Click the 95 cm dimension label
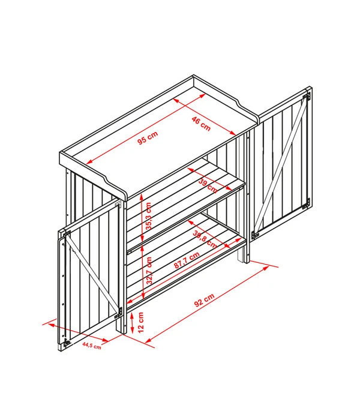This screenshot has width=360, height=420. coord(148,137)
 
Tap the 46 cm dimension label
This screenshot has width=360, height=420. coord(201,124)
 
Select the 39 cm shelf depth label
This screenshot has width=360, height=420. coord(208,185)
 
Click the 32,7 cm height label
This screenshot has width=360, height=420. coord(149,271)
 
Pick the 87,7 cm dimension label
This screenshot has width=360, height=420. coord(187,260)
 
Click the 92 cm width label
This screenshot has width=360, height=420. coord(205,300)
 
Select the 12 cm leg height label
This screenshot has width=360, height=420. coord(141,322)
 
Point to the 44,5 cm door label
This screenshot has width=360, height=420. coord(92,345)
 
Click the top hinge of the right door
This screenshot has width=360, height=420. coord(307,97)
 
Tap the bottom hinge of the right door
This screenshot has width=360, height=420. coord(306,203)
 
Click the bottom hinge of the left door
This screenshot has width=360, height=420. coord(67,342)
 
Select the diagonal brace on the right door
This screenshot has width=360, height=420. coord(280,165)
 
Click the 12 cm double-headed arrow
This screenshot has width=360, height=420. coord(132,323)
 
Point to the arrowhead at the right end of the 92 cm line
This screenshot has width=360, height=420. coord(266,268)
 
